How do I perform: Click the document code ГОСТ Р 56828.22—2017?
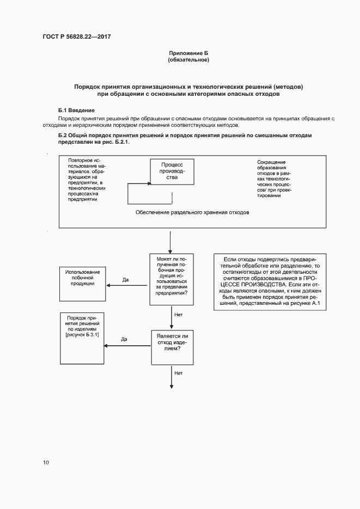[80, 36]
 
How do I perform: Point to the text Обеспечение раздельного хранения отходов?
[192, 213]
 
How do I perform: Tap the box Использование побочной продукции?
[82, 283]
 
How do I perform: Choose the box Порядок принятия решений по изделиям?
[82, 338]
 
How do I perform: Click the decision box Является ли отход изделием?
[172, 346]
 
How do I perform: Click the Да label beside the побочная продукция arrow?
[125, 280]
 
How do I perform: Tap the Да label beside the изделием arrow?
[124, 340]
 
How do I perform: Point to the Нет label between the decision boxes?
[178, 315]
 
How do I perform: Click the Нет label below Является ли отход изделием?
[178, 373]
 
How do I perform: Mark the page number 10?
[46, 463]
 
